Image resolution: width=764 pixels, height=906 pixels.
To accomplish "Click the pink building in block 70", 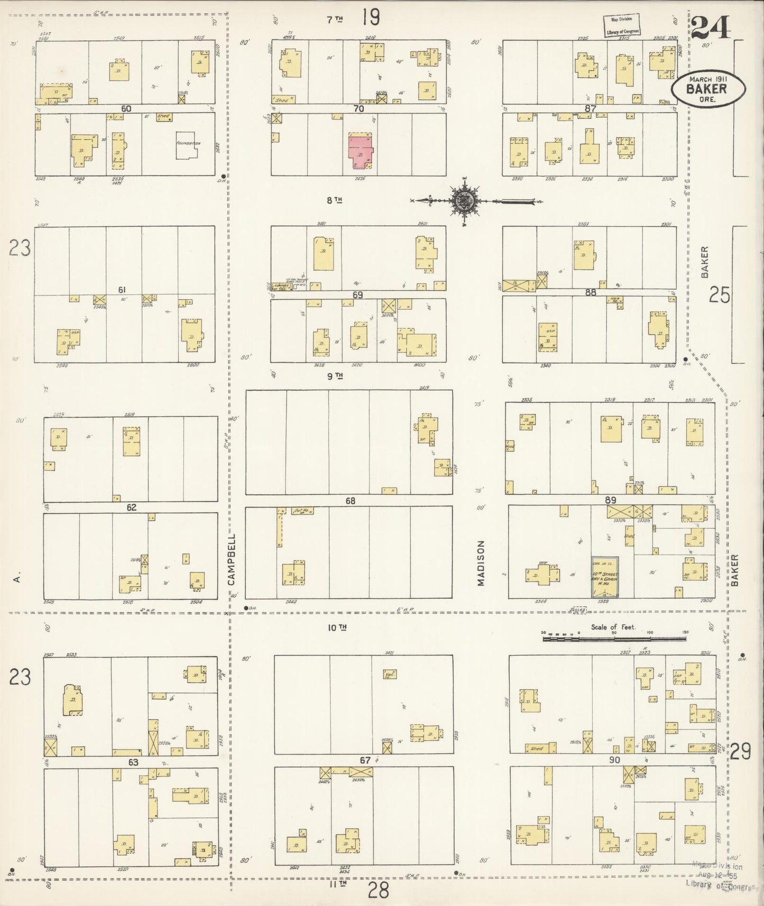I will tap(360, 151).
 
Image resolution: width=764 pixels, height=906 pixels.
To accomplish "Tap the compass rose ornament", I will tap(464, 201).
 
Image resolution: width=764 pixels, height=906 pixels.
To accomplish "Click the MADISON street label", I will tap(481, 562).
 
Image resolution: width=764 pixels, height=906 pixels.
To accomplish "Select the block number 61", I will tap(122, 290).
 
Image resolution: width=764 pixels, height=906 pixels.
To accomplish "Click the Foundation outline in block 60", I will tap(186, 144).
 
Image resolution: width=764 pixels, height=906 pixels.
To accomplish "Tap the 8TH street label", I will tap(335, 200).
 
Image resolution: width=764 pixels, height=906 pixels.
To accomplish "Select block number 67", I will tap(365, 760).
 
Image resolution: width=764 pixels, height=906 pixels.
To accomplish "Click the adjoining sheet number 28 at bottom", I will tap(379, 890).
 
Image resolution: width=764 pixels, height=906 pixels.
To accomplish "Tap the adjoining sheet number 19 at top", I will tap(371, 17).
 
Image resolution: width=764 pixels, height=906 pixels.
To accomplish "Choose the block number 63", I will tap(133, 762).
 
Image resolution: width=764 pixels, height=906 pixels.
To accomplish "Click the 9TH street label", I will tap(335, 376).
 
